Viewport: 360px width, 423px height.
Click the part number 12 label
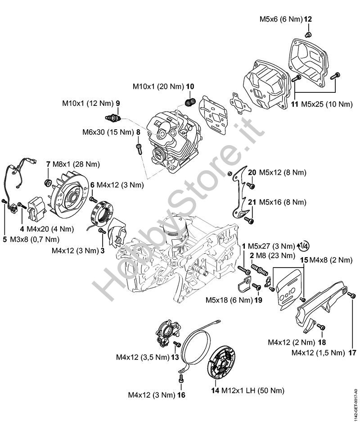[308, 19]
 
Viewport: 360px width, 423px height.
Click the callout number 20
[252, 173]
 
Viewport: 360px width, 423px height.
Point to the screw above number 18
[320, 325]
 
